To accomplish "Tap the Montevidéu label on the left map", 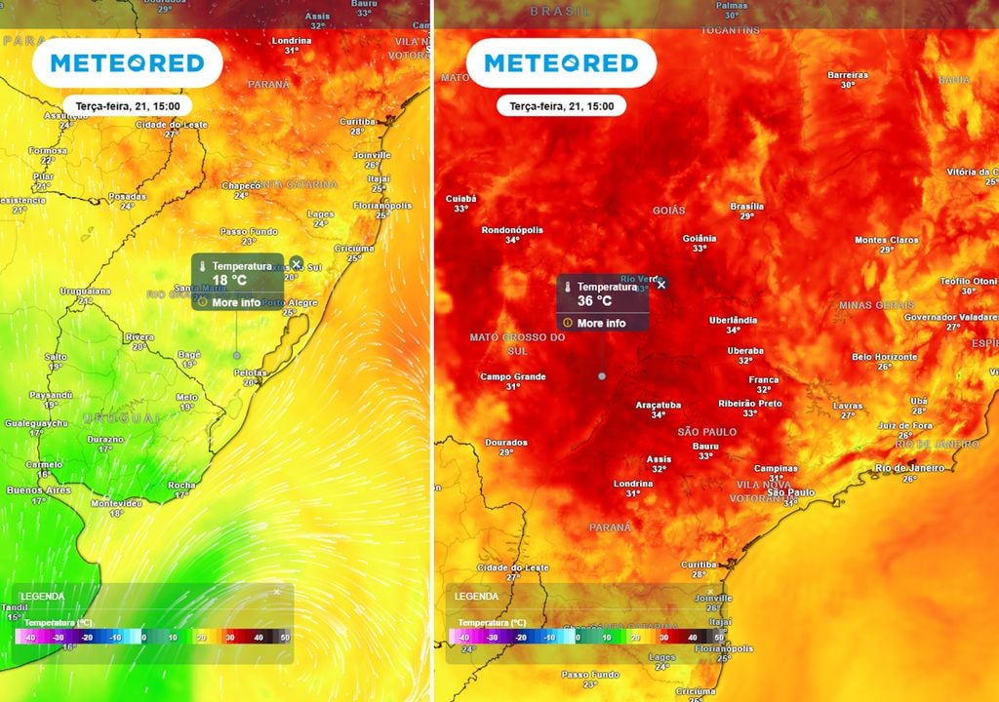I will click(116, 503).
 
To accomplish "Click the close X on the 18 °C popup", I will click(297, 264).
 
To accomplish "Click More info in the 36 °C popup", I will click(601, 323).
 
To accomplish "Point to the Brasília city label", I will click(747, 207).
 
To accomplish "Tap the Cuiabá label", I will click(461, 199).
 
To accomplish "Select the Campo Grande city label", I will click(512, 376).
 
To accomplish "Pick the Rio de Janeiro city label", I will click(909, 468).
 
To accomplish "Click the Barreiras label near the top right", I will click(847, 75).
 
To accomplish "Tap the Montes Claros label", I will click(887, 240).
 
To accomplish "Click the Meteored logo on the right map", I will click(561, 63).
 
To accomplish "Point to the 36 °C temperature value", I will click(594, 301).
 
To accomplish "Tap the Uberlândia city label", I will click(733, 320).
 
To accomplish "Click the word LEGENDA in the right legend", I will click(476, 596).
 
